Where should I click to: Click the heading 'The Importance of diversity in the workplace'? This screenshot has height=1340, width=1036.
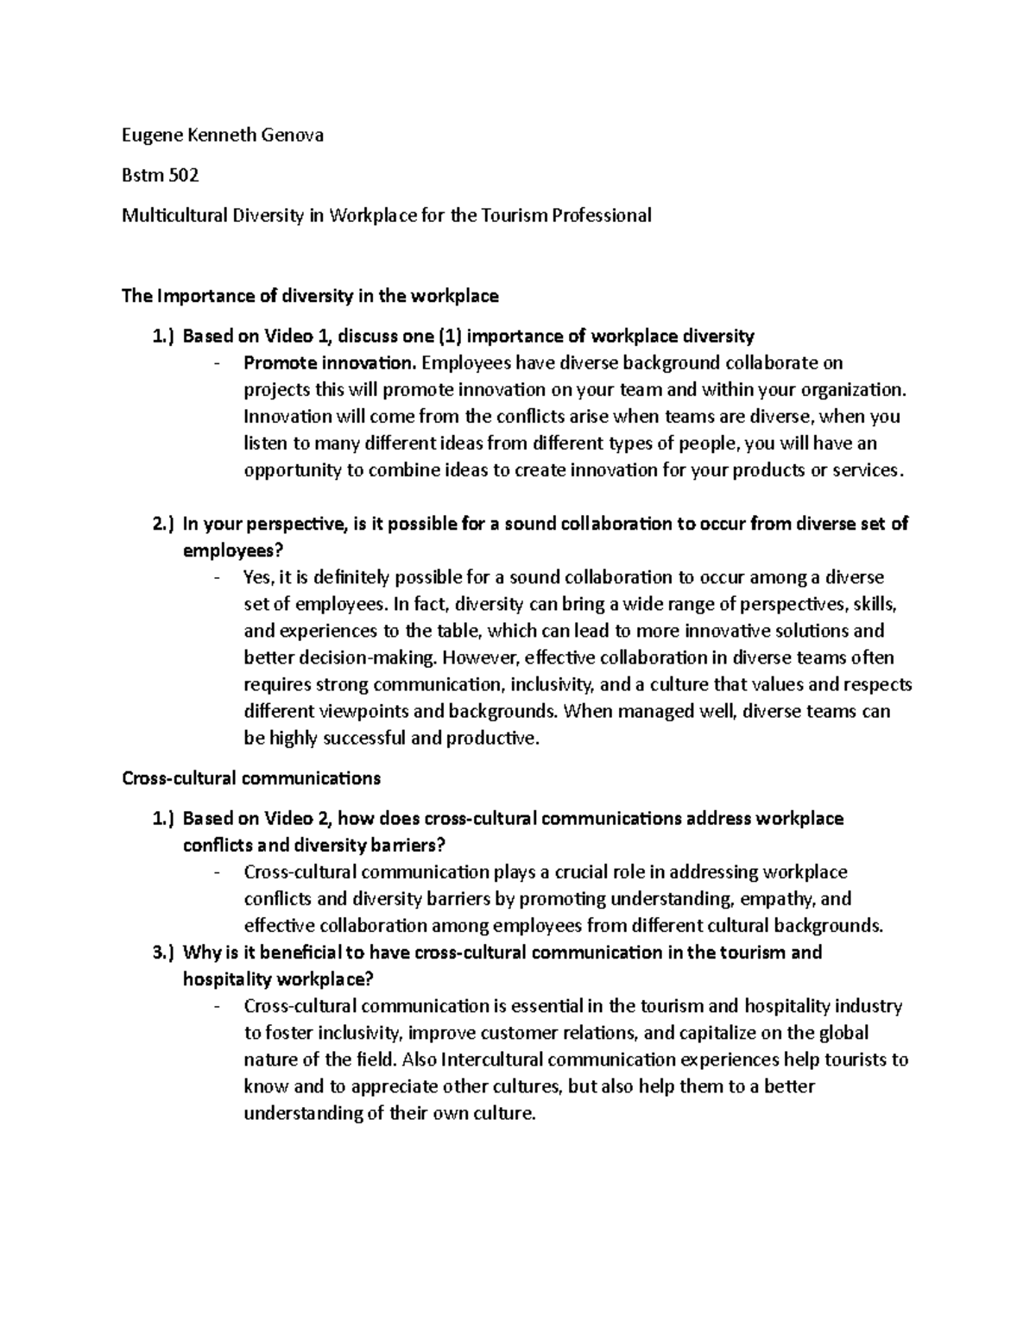(x=310, y=296)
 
